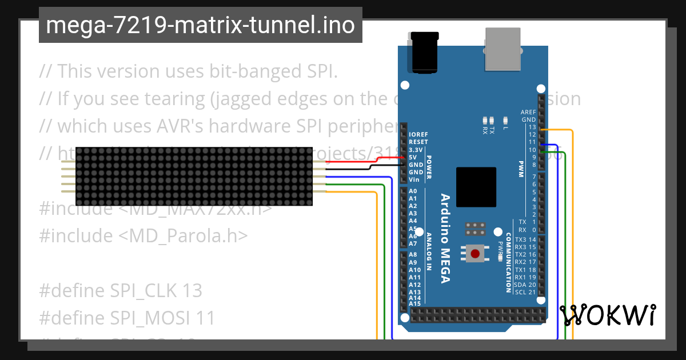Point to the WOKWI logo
pos(607,315)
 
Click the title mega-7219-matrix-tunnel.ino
pos(200,26)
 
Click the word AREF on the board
pos(528,112)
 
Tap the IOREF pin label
pos(418,134)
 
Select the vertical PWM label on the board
pos(521,169)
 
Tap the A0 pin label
pos(413,191)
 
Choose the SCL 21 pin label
pos(525,292)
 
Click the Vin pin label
pos(414,179)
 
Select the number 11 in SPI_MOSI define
pos(206,318)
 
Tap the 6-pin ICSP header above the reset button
pos(474,229)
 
